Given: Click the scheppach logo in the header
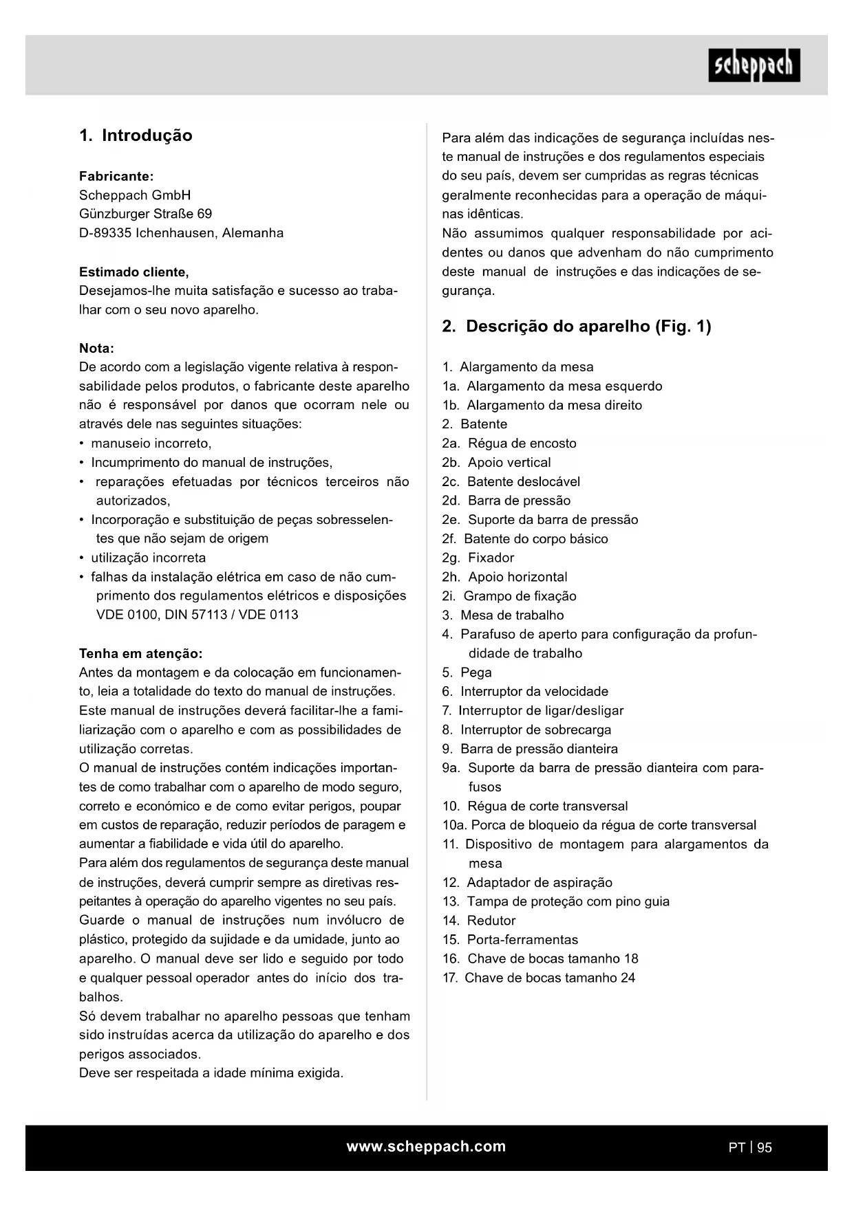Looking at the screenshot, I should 754,65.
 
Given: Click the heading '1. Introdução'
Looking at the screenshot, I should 136,135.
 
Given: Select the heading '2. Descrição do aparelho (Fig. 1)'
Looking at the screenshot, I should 576,327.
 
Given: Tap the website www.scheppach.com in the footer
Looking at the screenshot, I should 426,1146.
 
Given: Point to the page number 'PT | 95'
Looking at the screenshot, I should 750,1147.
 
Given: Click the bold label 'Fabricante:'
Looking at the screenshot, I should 116,176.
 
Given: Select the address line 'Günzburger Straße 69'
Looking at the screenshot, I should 145,214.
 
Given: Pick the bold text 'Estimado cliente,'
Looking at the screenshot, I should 134,272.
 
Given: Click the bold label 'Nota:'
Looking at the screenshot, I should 96,348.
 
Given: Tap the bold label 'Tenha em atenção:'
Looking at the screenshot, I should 140,653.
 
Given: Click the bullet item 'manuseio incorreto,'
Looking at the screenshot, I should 151,443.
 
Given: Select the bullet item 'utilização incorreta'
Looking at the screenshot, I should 148,558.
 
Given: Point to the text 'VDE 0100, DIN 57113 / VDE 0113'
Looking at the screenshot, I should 197,615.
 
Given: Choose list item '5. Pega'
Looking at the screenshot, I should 467,672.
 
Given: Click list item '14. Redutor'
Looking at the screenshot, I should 479,921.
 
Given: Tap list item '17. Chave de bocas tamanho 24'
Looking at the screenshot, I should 539,978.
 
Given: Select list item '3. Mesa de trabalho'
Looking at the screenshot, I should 503,615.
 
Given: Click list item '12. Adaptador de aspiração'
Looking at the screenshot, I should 527,882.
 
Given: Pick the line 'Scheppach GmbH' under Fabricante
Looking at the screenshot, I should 135,195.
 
